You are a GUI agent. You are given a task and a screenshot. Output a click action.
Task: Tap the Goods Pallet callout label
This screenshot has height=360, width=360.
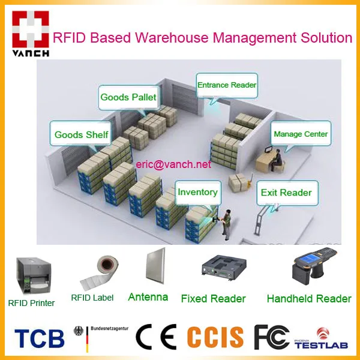pyautogui.click(x=128, y=97)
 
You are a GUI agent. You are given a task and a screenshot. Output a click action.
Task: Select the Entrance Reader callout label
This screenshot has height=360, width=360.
pyautogui.click(x=227, y=85)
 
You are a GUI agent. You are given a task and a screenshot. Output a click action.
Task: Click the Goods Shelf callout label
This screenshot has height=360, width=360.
pyautogui.click(x=81, y=134)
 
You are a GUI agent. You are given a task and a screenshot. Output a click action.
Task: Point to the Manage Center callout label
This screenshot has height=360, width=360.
pyautogui.click(x=301, y=134)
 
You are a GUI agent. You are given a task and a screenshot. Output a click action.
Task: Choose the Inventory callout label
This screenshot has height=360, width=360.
pyautogui.click(x=197, y=192)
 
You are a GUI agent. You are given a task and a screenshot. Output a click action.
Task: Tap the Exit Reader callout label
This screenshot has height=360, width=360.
pyautogui.click(x=286, y=193)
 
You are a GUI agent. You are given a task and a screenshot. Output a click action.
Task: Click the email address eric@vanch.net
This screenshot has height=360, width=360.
pyautogui.click(x=173, y=164)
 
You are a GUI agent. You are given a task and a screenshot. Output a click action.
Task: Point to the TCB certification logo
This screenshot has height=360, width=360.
pyautogui.click(x=38, y=337)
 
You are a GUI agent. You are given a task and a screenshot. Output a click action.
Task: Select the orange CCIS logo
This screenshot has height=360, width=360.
pyautogui.click(x=215, y=337)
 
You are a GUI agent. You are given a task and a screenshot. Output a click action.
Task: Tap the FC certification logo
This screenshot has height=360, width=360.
pyautogui.click(x=272, y=337)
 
